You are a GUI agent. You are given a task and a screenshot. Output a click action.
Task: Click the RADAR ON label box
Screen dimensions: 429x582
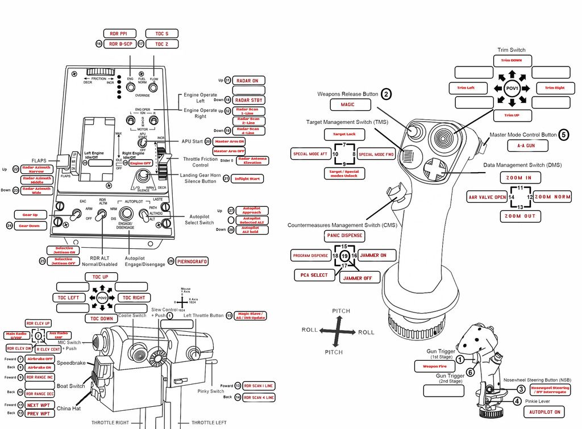(248, 81)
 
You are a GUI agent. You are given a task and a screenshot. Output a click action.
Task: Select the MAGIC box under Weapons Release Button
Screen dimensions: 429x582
(348, 105)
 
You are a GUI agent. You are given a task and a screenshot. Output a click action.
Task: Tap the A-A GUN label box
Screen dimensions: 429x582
(528, 146)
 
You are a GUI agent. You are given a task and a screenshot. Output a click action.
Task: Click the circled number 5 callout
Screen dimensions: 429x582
(563, 135)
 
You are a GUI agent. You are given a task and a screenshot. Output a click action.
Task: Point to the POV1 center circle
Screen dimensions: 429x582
(511, 88)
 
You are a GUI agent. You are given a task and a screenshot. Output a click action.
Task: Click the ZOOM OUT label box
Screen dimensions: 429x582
(519, 216)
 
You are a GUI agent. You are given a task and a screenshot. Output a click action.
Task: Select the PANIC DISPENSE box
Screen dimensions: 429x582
(344, 235)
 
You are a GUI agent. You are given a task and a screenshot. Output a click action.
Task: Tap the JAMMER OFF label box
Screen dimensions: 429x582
(360, 278)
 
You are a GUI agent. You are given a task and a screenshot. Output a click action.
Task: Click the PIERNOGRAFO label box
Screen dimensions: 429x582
(192, 261)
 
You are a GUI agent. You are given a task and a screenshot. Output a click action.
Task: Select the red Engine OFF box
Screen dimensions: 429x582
(140, 163)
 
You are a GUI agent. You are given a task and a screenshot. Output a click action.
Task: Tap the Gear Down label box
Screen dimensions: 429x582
(29, 226)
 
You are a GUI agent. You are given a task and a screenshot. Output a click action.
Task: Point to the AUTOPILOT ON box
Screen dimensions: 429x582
(541, 412)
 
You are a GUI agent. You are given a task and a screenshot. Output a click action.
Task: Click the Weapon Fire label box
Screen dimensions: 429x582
(434, 366)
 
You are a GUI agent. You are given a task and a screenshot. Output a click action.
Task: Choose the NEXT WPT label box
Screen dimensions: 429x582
(40, 405)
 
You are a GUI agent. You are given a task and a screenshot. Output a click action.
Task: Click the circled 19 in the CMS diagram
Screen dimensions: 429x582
(344, 256)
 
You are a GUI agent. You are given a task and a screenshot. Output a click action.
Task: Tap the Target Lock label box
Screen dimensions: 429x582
(344, 135)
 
